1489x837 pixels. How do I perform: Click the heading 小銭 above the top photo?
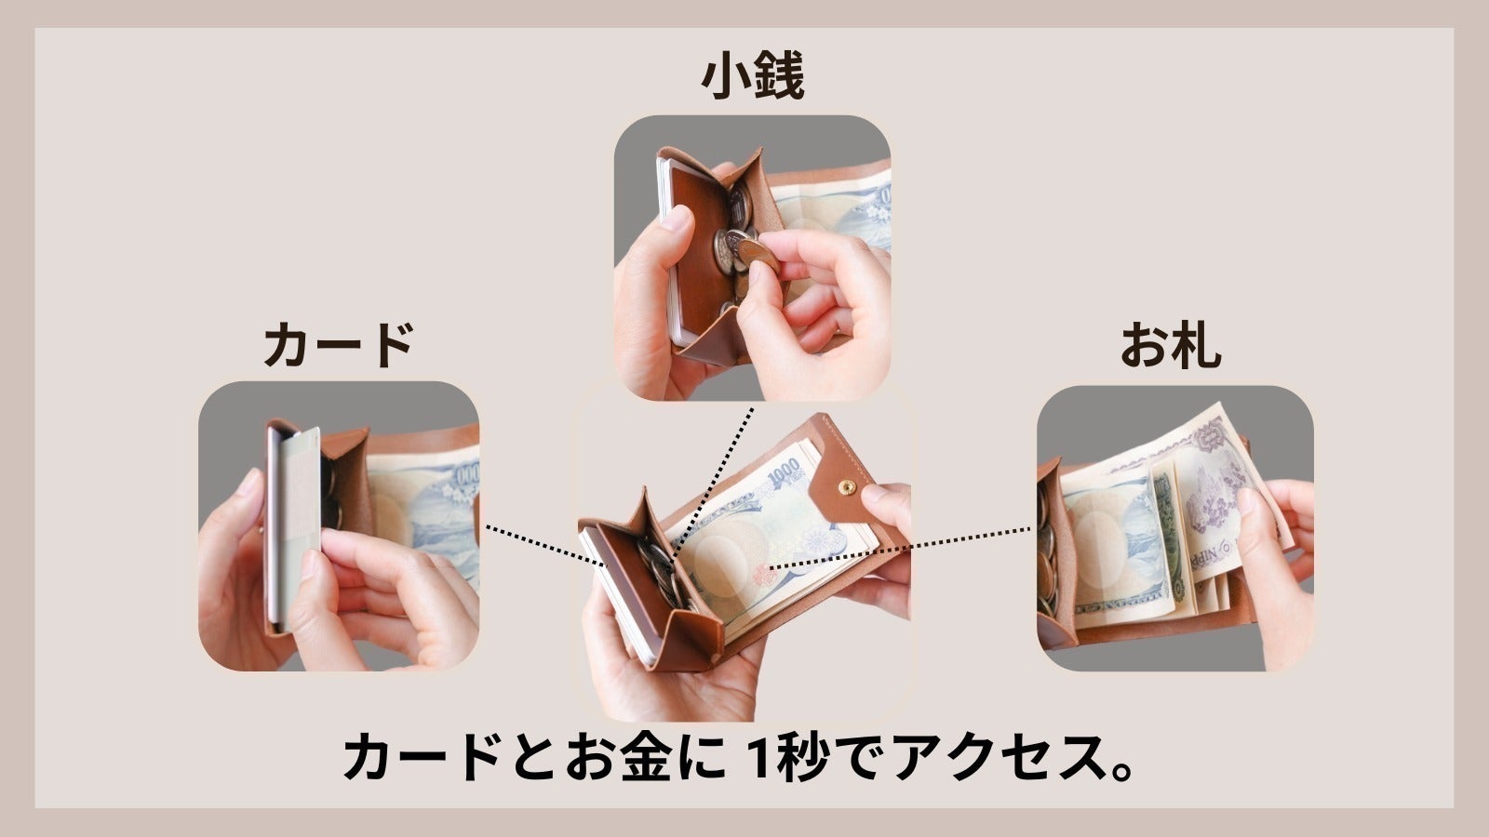point(752,77)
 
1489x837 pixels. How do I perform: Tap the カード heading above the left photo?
point(338,344)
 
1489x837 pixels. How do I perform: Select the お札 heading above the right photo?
point(1170,344)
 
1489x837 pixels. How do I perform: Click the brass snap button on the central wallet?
point(847,485)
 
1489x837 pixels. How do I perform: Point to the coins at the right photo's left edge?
point(1047,558)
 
